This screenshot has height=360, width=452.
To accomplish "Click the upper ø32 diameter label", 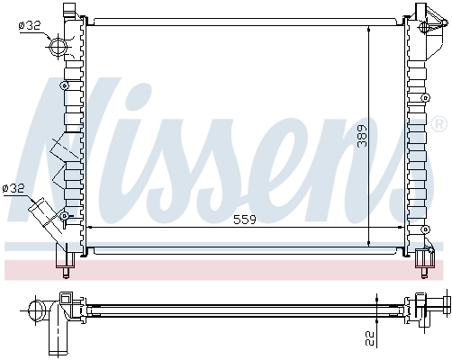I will (29, 25).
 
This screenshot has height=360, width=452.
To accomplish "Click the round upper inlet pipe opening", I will (59, 46).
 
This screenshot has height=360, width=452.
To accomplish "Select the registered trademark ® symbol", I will (438, 122).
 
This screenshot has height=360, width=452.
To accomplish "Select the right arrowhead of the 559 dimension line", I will (402, 229).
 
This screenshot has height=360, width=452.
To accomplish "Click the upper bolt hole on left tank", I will (63, 85).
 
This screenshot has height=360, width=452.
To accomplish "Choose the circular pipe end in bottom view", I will (37, 311).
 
